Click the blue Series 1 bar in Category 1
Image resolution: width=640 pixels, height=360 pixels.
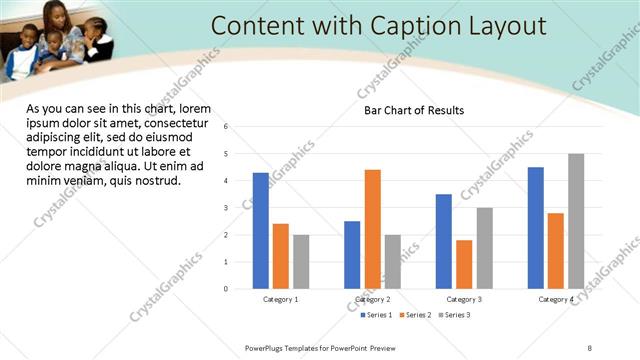coord(261,231)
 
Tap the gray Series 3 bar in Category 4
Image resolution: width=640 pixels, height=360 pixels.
coord(576,221)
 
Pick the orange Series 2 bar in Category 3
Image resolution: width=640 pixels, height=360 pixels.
coord(464,264)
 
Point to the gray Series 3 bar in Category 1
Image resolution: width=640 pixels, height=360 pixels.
coord(301,262)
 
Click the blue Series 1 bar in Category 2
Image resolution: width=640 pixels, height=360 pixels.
coord(352,255)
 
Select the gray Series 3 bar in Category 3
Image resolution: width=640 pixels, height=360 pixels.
coord(484,248)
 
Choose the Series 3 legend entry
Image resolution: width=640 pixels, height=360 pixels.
coord(453,315)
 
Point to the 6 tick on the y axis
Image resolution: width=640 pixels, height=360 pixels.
coord(226,127)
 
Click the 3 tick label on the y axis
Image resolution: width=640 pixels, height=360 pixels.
coord(226,208)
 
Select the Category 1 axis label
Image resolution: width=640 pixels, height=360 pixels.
coord(281,299)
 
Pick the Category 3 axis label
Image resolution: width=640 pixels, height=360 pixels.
coord(464,299)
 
